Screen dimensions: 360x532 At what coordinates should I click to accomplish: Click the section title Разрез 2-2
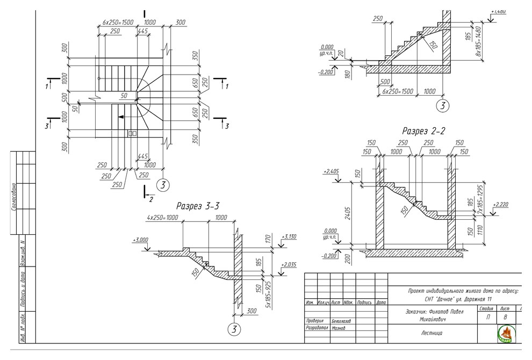coord(424,131)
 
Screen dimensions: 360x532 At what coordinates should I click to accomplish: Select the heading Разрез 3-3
coord(198,206)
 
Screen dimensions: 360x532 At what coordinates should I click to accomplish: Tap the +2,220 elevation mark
coord(500,205)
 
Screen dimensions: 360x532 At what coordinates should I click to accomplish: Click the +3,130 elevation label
coord(289,237)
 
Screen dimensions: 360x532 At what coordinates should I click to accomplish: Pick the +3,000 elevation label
coord(140,240)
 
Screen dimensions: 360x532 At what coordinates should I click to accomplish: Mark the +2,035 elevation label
coord(289,265)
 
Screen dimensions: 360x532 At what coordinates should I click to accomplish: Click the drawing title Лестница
coord(432,333)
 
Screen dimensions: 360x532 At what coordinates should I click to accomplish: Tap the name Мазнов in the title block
coord(339,327)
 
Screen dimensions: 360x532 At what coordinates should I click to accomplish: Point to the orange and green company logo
coord(505,333)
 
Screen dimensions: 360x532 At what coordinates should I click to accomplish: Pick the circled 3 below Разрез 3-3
coord(234,329)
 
